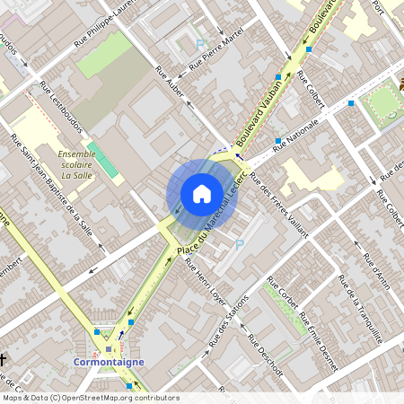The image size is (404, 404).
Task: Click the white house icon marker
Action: [201, 194]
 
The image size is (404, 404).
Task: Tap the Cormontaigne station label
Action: [108, 364]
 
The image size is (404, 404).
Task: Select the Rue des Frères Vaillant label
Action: [278, 203]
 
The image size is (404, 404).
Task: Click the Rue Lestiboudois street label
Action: [62, 108]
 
